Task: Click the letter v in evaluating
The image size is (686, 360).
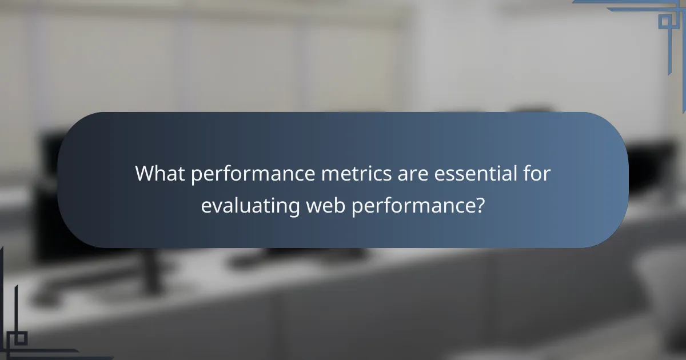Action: [215, 206]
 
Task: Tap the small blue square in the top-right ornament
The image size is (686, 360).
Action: [664, 21]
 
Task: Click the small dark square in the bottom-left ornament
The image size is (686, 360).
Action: [21, 338]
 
